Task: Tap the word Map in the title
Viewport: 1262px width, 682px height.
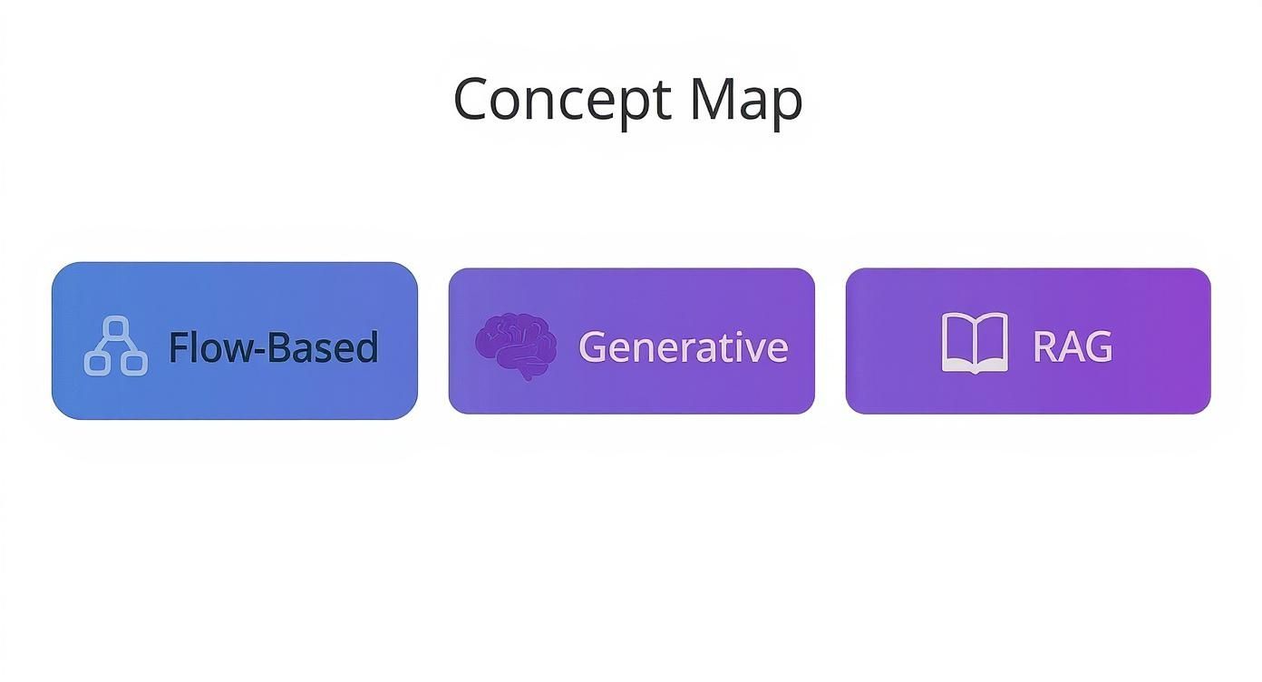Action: (745, 100)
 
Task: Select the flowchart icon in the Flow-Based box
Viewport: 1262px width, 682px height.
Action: (116, 346)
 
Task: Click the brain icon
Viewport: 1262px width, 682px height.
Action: (516, 346)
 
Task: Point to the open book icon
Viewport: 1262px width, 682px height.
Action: (975, 343)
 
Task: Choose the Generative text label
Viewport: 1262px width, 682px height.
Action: (683, 346)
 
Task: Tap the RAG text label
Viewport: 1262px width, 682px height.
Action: (1072, 346)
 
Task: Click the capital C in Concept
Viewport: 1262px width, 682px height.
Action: (474, 100)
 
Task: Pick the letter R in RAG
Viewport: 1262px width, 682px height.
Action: (1044, 346)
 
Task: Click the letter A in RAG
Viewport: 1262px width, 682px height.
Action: (1071, 346)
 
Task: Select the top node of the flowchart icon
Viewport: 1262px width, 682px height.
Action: (116, 327)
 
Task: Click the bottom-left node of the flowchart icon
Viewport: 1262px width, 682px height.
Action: (97, 363)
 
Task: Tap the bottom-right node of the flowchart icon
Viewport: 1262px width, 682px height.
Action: (135, 363)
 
